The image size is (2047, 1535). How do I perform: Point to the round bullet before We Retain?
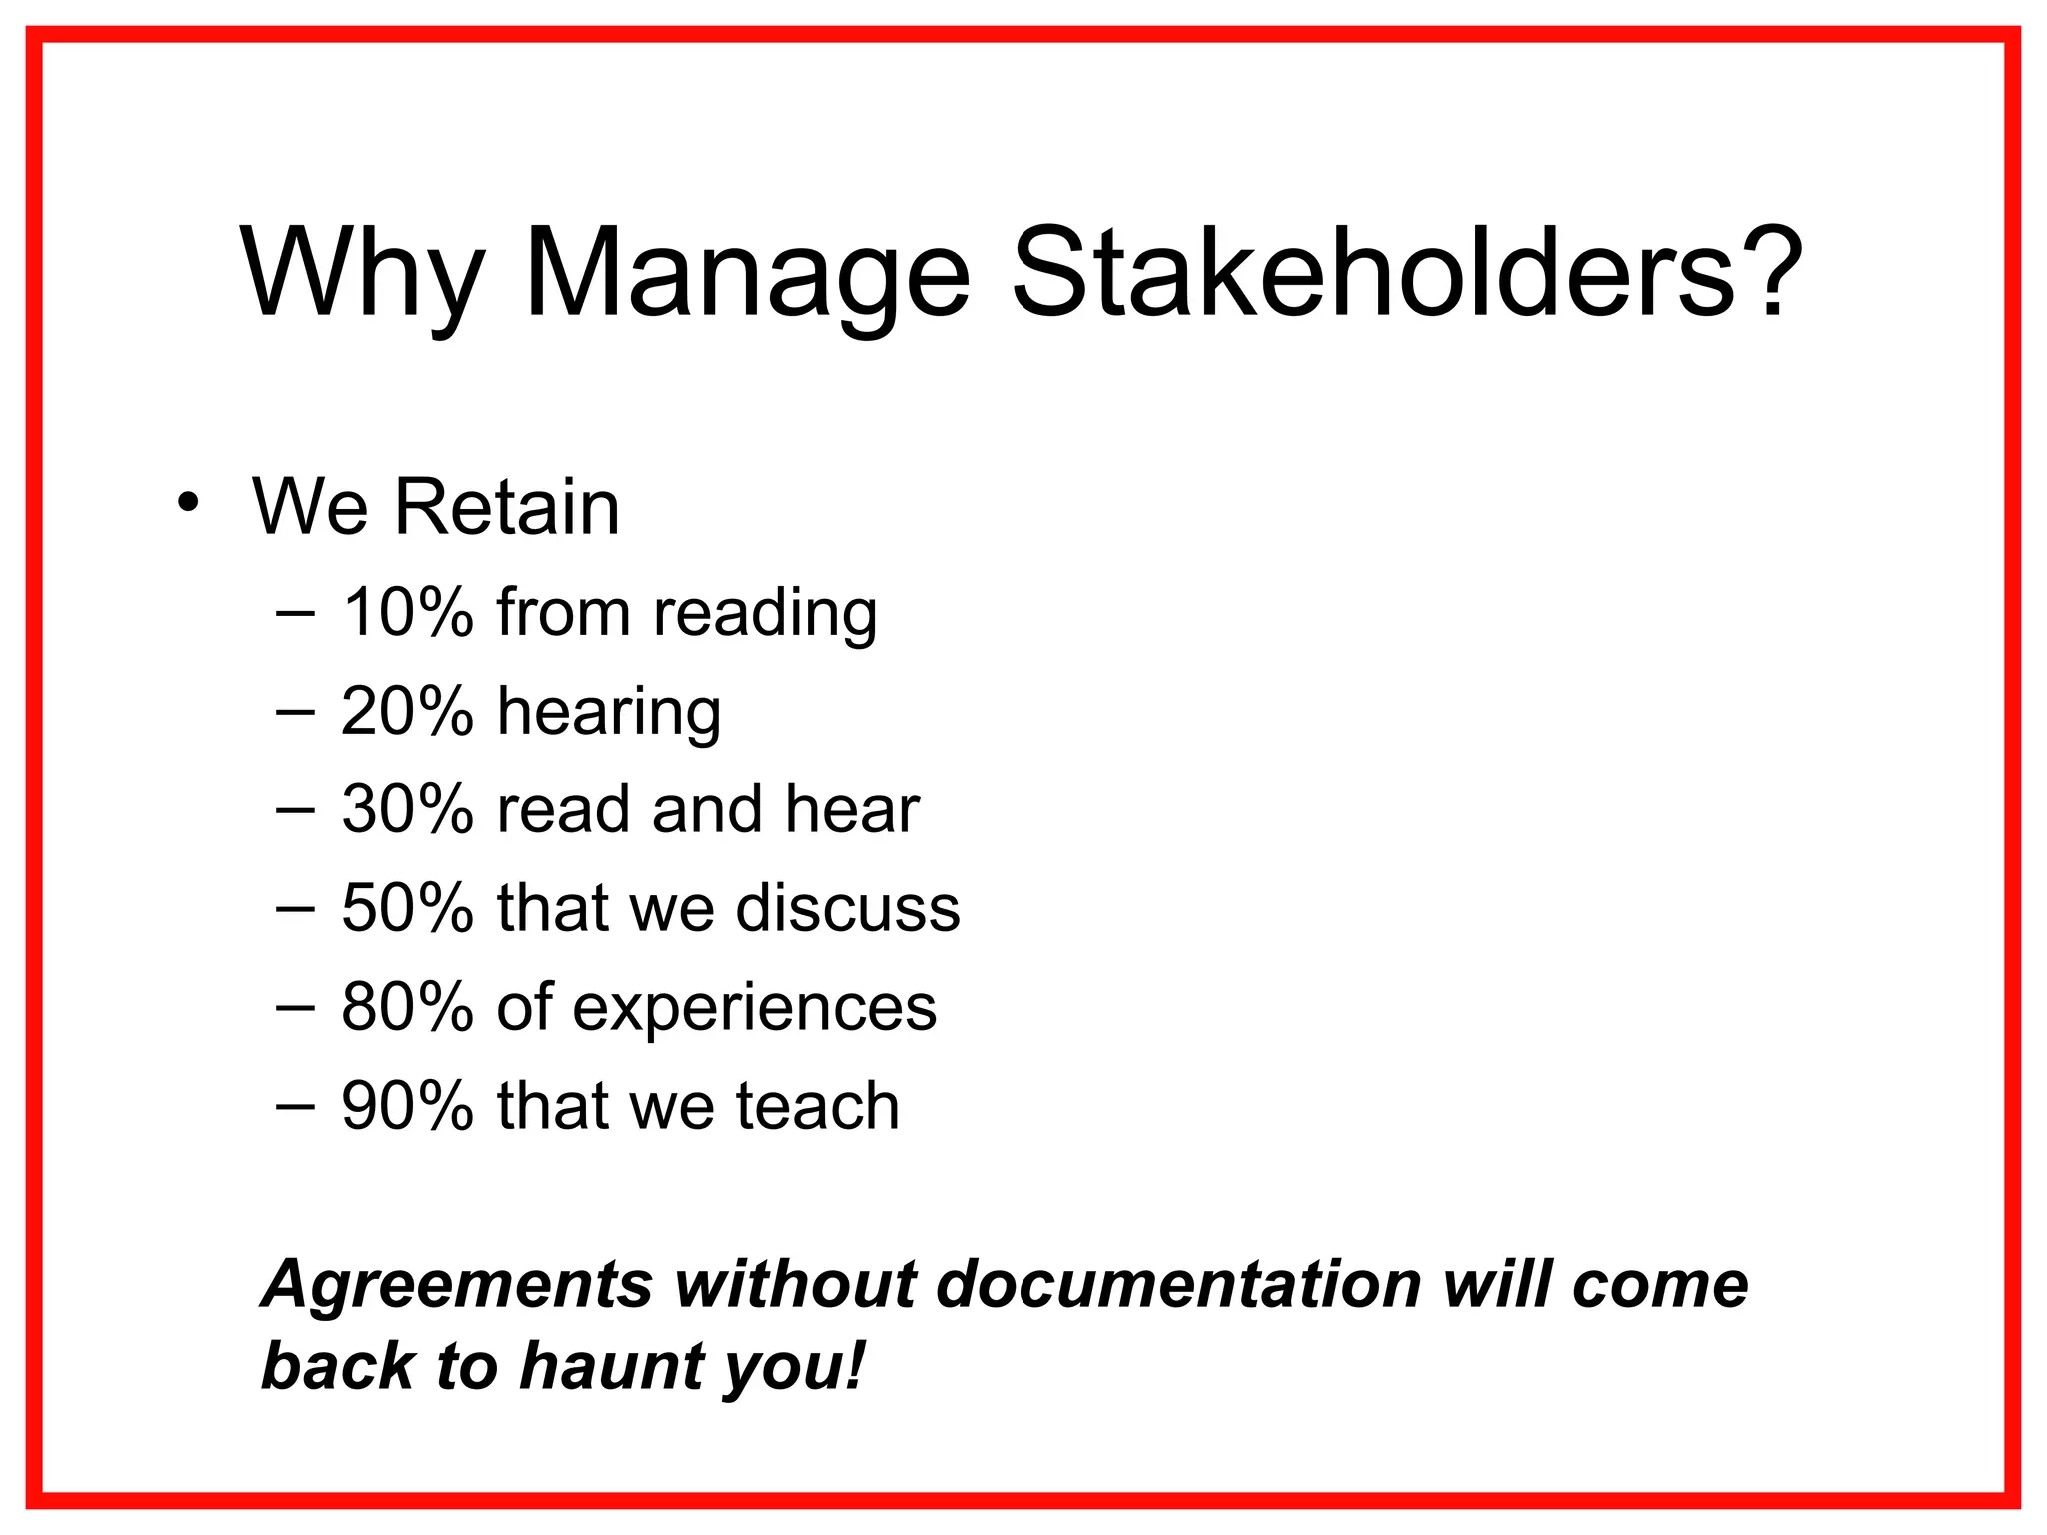tap(187, 503)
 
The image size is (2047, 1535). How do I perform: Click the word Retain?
tap(507, 507)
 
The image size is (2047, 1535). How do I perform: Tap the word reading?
tap(765, 614)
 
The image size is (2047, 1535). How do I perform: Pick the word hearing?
tap(609, 713)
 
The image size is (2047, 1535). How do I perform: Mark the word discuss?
tap(848, 908)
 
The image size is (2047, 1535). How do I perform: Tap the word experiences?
tap(755, 1009)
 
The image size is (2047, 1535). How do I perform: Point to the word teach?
tap(818, 1106)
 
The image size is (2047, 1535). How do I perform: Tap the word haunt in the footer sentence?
tap(611, 1366)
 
